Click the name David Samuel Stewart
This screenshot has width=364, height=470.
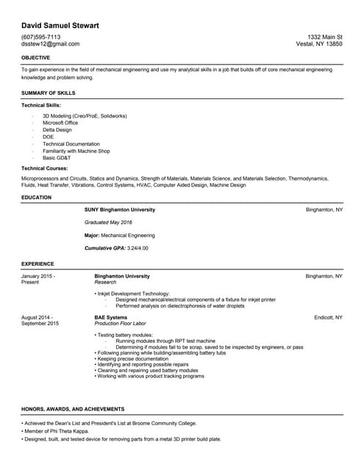pyautogui.click(x=60, y=26)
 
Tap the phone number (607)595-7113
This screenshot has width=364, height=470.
pyautogui.click(x=41, y=37)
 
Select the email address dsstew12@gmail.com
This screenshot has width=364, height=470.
pyautogui.click(x=50, y=44)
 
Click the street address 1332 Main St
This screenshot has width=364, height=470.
pyautogui.click(x=324, y=37)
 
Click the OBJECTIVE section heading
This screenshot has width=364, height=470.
pyautogui.click(x=35, y=57)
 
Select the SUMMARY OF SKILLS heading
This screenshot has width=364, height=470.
pyautogui.click(x=48, y=93)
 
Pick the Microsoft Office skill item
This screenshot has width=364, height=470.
pyautogui.click(x=63, y=123)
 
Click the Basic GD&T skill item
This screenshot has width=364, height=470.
pyautogui.click(x=59, y=158)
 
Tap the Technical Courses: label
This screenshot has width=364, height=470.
pyautogui.click(x=46, y=169)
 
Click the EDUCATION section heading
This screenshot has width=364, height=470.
pyautogui.click(x=36, y=198)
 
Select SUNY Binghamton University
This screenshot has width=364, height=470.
pyautogui.click(x=120, y=210)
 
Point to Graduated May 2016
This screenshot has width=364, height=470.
pyautogui.click(x=108, y=222)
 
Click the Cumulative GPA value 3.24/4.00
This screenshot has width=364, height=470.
pyautogui.click(x=138, y=248)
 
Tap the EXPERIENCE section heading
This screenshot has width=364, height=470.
pyautogui.click(x=38, y=263)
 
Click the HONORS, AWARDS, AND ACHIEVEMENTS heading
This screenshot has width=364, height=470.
pyautogui.click(x=73, y=409)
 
